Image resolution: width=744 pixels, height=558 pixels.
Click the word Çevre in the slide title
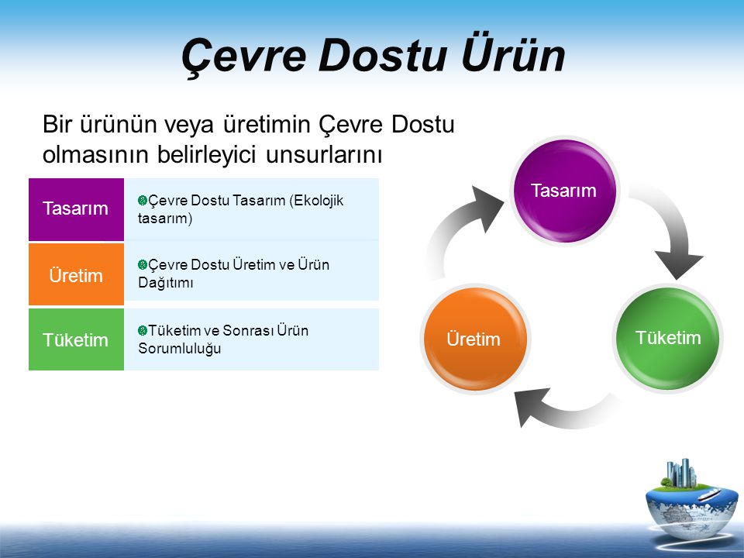pyautogui.click(x=243, y=56)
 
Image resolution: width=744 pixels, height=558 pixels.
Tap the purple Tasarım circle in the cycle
pyautogui.click(x=563, y=191)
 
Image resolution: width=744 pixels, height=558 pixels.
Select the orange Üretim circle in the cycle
pyautogui.click(x=475, y=339)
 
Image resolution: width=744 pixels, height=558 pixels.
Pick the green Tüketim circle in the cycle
pyautogui.click(x=668, y=338)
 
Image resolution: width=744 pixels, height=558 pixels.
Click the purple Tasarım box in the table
pyautogui.click(x=77, y=209)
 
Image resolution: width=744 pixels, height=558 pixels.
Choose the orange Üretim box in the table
pyautogui.click(x=77, y=274)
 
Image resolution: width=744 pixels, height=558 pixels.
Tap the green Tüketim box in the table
pyautogui.click(x=77, y=339)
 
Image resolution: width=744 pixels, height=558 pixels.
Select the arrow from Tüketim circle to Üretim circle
pyautogui.click(x=565, y=412)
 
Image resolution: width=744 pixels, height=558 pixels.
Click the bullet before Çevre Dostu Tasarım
pyautogui.click(x=143, y=200)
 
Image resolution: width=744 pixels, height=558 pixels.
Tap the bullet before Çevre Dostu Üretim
pyautogui.click(x=143, y=265)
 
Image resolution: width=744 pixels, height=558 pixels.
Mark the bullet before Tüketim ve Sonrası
pyautogui.click(x=143, y=330)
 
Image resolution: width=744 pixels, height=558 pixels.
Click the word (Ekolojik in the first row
pyautogui.click(x=316, y=201)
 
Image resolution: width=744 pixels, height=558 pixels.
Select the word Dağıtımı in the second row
pyautogui.click(x=166, y=283)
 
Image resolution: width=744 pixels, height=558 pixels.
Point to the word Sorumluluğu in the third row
pyautogui.click(x=180, y=349)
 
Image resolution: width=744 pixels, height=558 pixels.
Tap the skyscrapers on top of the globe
pyautogui.click(x=681, y=473)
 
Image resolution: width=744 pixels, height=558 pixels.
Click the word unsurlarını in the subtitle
pyautogui.click(x=324, y=155)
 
